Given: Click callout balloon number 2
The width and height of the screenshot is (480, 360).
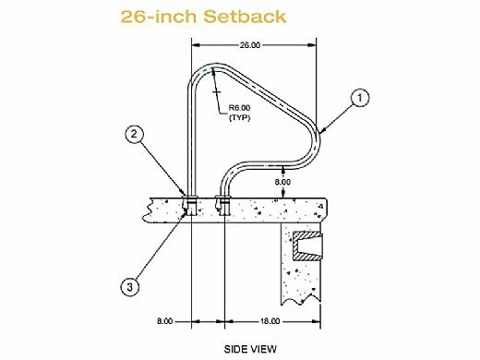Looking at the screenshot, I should pos(135,135).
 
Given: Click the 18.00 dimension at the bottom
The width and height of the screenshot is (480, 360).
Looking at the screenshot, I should pos(269,320).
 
